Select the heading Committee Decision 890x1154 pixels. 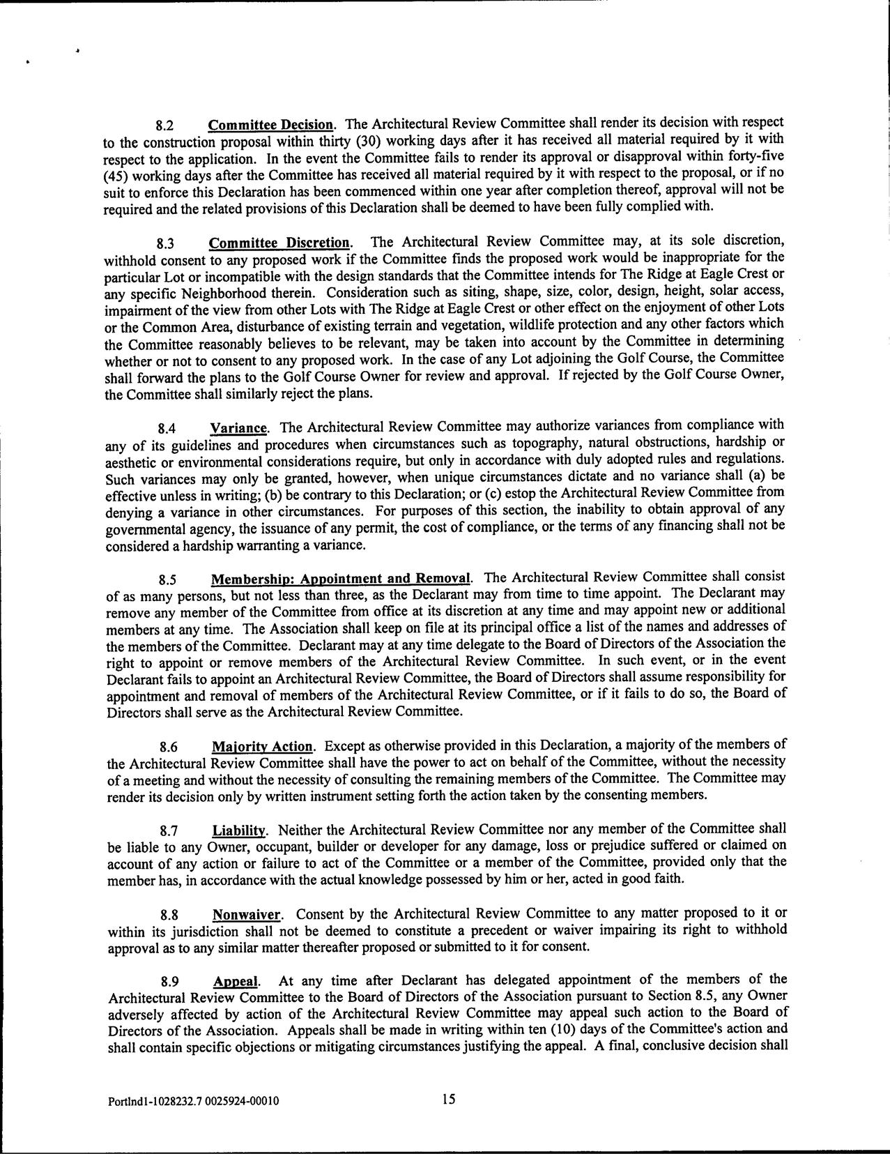pos(270,126)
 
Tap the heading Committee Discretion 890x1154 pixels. pos(279,243)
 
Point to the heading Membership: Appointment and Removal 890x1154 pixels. pos(341,579)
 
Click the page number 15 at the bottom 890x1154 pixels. pos(447,1099)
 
